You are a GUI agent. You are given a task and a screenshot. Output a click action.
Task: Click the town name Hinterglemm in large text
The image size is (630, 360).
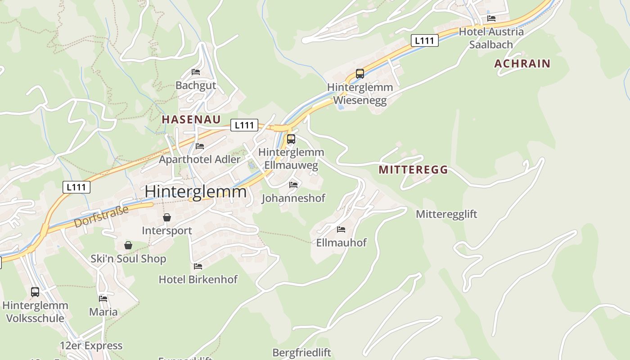(196, 192)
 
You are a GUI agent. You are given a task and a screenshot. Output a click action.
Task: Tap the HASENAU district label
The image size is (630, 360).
(191, 119)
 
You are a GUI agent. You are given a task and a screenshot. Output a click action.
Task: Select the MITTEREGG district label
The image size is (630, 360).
(413, 170)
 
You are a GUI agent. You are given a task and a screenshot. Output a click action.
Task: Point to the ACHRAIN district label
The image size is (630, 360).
(522, 63)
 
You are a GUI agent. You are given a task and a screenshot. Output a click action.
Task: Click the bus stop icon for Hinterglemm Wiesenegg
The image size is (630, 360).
(360, 74)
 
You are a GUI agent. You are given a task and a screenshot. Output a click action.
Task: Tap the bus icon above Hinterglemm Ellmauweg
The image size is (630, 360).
(291, 139)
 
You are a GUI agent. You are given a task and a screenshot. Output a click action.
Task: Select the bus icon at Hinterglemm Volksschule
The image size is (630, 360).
(35, 292)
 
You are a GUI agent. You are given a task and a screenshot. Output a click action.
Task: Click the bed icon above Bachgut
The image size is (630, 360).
(196, 72)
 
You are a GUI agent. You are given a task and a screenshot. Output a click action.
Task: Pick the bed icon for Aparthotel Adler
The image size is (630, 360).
(200, 146)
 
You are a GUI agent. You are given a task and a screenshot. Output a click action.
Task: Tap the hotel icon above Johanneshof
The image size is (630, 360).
(293, 185)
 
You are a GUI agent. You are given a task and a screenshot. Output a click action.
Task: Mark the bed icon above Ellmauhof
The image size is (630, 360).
(341, 229)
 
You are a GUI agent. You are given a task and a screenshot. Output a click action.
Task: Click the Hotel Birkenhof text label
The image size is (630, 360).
(198, 279)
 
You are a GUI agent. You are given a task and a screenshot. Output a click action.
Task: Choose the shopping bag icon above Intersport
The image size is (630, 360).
(167, 218)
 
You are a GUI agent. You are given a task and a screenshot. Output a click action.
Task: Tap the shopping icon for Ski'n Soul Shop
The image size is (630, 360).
(128, 246)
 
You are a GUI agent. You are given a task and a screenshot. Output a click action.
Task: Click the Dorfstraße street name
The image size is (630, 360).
(101, 216)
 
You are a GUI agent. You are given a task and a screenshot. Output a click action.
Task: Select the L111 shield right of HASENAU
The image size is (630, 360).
(244, 125)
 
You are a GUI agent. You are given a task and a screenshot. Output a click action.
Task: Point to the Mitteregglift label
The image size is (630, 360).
(446, 214)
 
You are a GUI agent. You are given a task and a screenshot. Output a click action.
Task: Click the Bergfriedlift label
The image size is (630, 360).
(301, 352)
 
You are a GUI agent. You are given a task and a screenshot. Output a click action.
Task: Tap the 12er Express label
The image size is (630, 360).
(91, 346)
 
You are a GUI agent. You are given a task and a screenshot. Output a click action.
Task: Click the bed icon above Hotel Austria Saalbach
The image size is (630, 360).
(491, 18)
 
